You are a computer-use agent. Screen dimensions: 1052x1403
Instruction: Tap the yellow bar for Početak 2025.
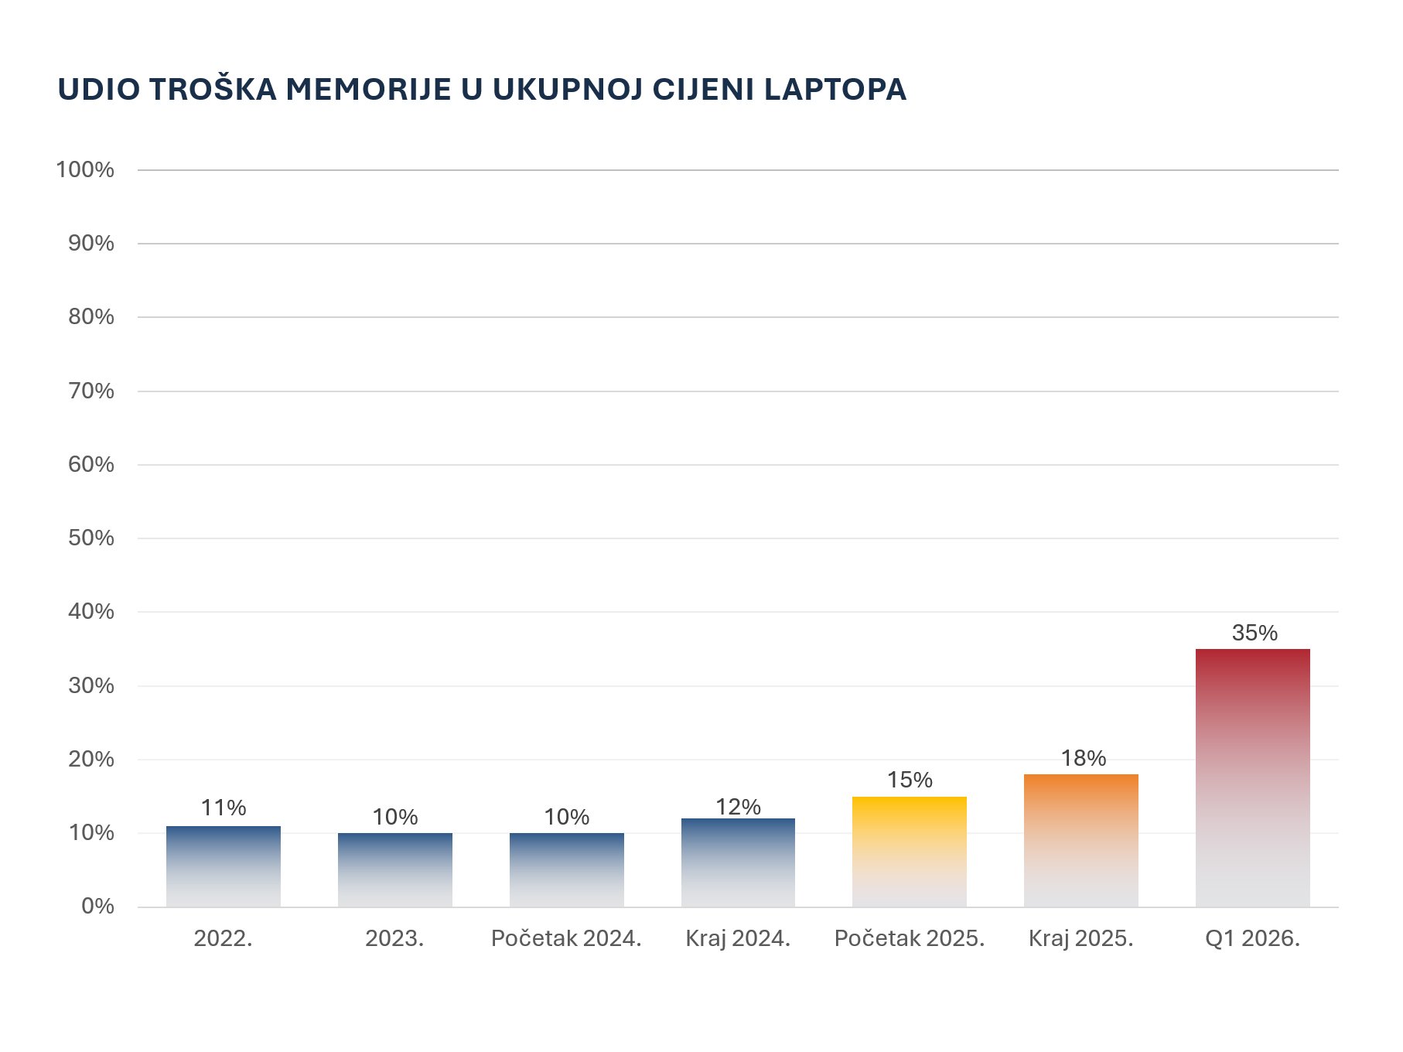[909, 851]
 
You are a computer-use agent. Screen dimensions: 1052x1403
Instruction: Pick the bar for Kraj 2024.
[738, 862]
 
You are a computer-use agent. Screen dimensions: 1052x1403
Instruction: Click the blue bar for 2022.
[224, 866]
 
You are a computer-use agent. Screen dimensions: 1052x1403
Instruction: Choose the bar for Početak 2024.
[566, 869]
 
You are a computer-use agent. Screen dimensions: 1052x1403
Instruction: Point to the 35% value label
[1254, 633]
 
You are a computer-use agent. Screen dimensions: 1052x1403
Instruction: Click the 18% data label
[1083, 758]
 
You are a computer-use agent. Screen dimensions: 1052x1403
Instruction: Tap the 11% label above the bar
[224, 808]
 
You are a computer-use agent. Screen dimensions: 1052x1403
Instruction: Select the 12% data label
[738, 807]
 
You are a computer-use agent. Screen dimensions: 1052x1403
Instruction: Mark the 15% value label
[910, 780]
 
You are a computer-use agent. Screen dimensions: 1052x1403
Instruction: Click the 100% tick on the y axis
[85, 169]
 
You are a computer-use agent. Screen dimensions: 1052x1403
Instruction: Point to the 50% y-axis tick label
[91, 538]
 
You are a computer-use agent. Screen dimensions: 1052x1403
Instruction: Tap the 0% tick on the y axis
[97, 906]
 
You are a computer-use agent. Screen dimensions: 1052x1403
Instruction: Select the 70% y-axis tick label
[91, 391]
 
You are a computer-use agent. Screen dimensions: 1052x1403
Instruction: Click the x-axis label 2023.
[394, 938]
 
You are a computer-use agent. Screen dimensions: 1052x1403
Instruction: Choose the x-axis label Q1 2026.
[1252, 938]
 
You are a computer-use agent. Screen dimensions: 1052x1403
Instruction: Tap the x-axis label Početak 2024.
[566, 938]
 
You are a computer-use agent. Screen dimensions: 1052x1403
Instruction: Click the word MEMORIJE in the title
[368, 90]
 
